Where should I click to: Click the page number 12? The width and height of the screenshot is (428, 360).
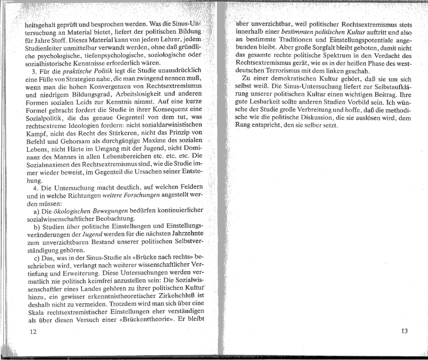click(33, 332)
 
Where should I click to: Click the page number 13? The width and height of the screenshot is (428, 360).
click(405, 331)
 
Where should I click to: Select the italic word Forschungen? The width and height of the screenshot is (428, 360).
click(143, 195)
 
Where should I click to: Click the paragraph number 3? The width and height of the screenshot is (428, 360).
click(33, 71)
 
